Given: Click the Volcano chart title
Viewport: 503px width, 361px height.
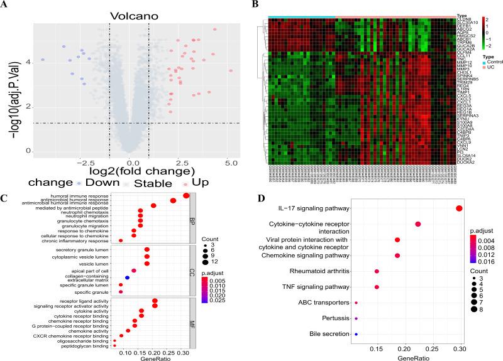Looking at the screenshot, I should click(x=131, y=14).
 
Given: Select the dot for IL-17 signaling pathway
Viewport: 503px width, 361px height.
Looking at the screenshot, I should click(x=460, y=208).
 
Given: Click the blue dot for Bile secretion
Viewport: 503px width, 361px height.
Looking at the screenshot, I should click(x=356, y=335).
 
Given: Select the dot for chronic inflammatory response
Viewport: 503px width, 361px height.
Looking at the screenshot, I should click(x=103, y=240).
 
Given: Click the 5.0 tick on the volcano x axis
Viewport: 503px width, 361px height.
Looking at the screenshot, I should click(x=231, y=163).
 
